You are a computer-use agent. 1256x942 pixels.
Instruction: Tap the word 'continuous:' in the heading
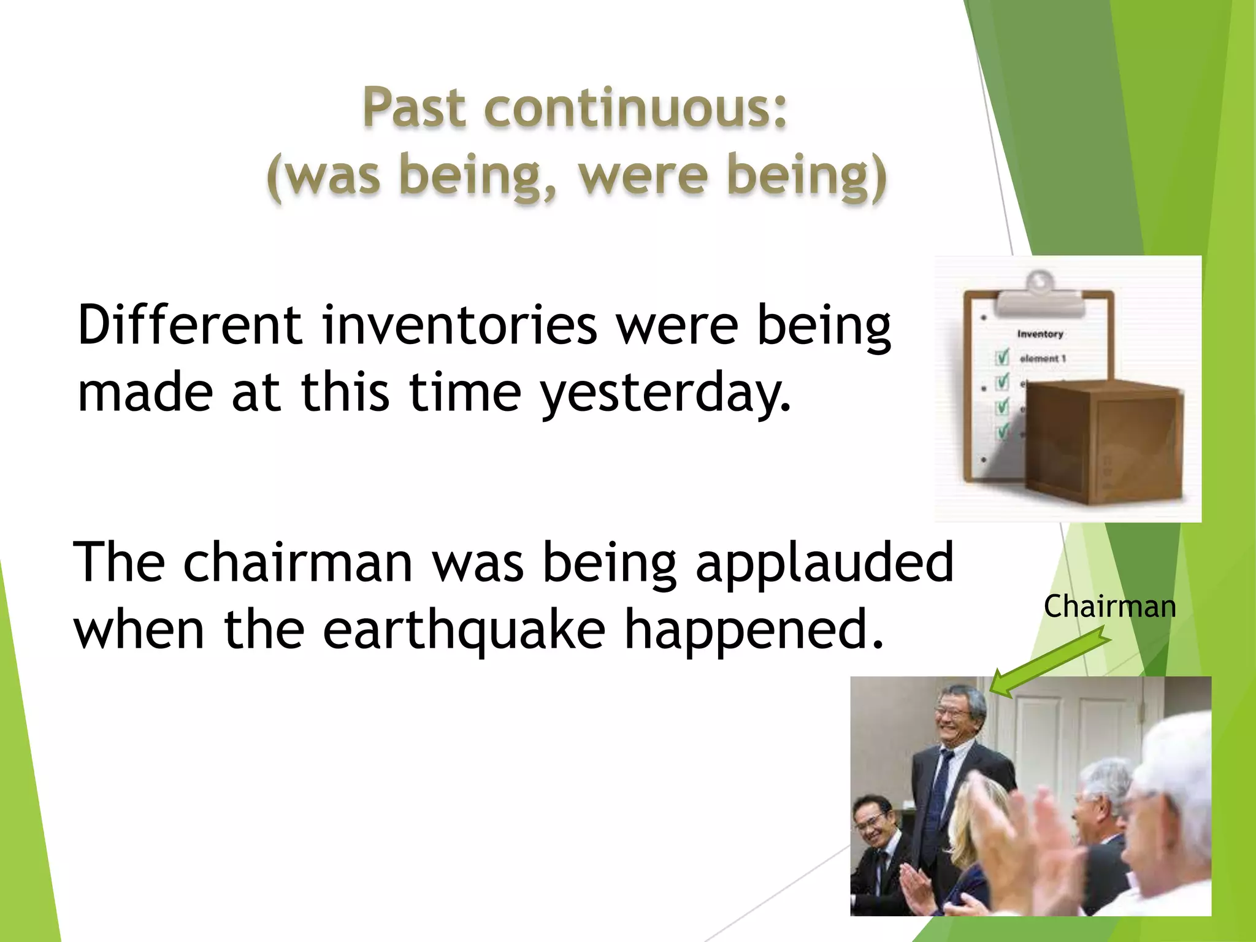pos(635,108)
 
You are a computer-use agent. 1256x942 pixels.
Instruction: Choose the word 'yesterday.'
pos(665,392)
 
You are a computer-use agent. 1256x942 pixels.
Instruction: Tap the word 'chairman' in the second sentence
pos(298,562)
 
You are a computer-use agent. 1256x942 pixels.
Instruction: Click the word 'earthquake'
pos(464,630)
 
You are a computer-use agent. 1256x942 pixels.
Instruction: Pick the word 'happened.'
pos(754,630)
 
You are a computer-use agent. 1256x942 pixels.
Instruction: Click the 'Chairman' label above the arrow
pos(1109,607)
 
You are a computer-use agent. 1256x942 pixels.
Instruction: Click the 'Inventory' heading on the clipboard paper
pos(1040,334)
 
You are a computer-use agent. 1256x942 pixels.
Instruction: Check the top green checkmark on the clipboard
pos(1002,357)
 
